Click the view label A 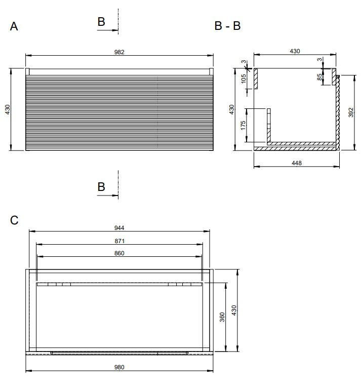click(x=14, y=26)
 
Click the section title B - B click(x=227, y=26)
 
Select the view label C click(x=14, y=220)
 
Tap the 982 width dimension click(x=119, y=52)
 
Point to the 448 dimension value click(x=297, y=163)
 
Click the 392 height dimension click(x=350, y=112)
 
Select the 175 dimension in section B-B click(x=243, y=125)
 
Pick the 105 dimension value click(x=244, y=79)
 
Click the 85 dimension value click(x=319, y=77)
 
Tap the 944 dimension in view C click(x=119, y=227)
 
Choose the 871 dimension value click(x=119, y=241)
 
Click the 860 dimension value click(x=119, y=253)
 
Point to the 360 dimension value click(x=222, y=317)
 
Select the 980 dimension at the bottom click(x=119, y=367)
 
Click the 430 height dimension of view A click(x=8, y=109)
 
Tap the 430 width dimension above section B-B click(x=295, y=51)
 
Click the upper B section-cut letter click(x=101, y=22)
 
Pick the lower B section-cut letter click(x=101, y=187)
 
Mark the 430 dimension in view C click(x=233, y=311)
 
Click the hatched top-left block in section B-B click(x=256, y=79)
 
